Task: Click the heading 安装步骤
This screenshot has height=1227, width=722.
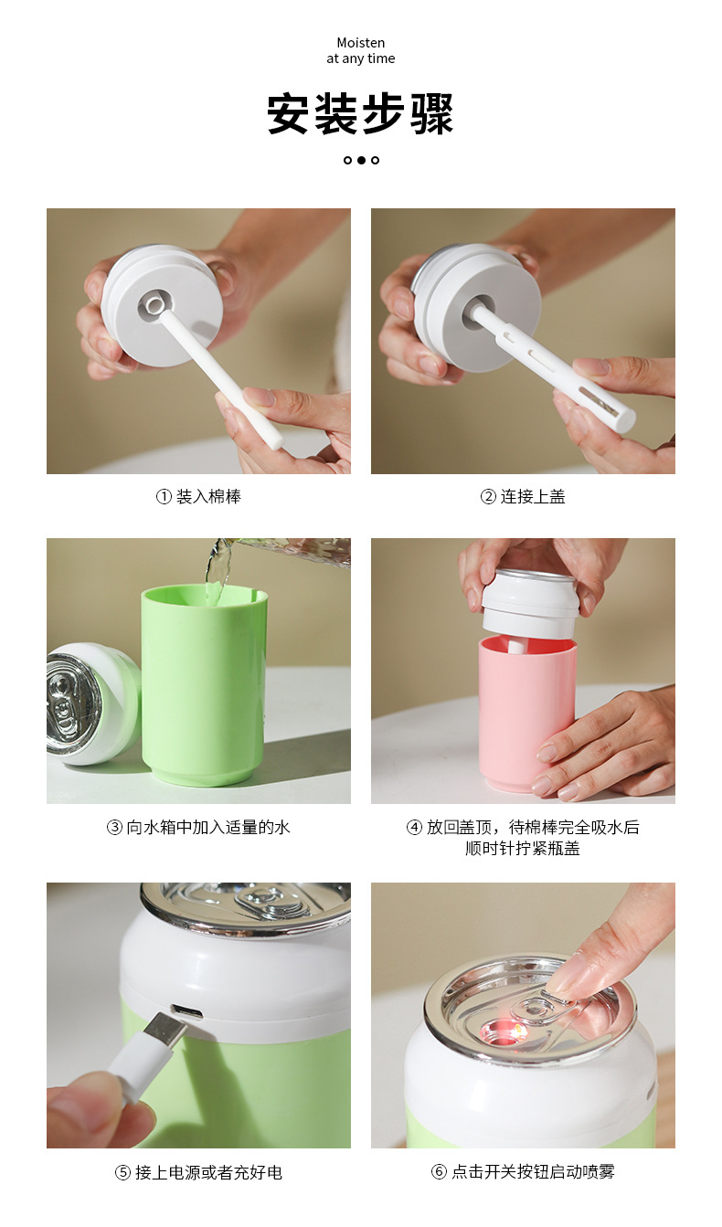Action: pos(360,115)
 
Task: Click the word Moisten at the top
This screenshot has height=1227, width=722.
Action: pos(360,43)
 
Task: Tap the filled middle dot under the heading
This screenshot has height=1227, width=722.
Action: pos(361,160)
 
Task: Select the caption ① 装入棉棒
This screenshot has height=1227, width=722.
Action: pos(198,497)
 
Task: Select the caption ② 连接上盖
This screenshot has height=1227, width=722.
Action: pos(523,497)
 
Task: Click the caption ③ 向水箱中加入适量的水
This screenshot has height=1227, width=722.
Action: pos(198,828)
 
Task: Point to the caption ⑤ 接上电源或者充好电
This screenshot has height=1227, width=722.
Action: pos(198,1172)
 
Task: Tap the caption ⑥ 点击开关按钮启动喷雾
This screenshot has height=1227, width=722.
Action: pos(523,1172)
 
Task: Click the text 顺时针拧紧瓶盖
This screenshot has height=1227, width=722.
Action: pos(523,849)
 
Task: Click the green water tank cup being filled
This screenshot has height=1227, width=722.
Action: pos(203,685)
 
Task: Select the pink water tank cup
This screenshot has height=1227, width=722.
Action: pos(526,713)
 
